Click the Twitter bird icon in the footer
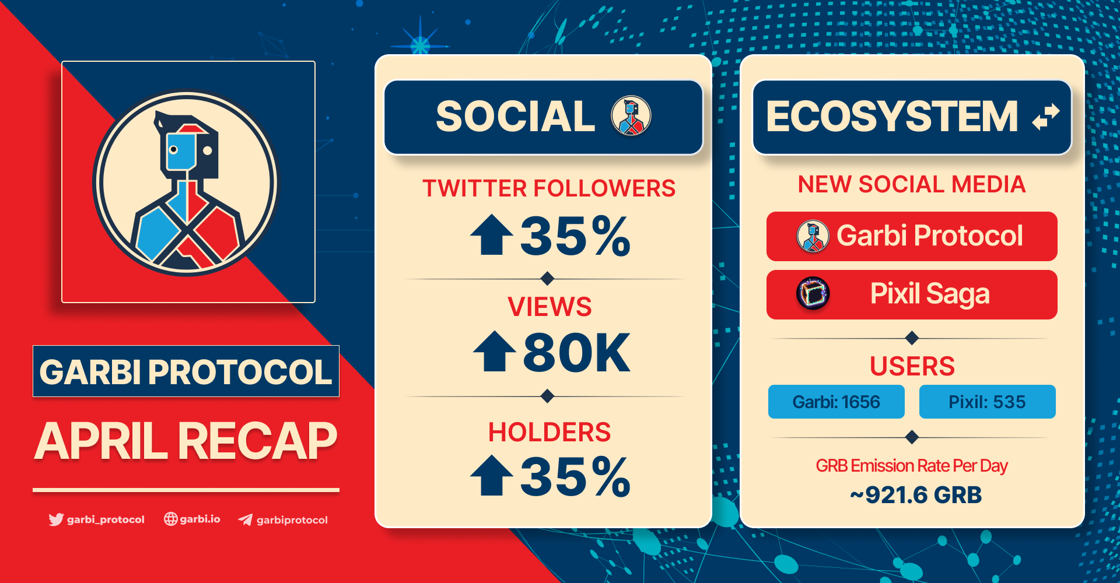click(56, 519)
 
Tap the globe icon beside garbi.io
click(170, 519)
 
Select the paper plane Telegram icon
click(246, 519)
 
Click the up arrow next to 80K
click(494, 351)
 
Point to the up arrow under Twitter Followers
click(492, 234)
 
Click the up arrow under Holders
click(492, 475)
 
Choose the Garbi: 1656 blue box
click(836, 402)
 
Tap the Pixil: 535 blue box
click(987, 402)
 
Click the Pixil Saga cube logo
click(813, 293)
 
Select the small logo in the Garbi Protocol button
click(813, 236)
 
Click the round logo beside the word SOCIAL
click(631, 115)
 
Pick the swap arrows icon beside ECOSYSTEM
click(1045, 117)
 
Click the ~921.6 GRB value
click(915, 495)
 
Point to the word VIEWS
click(549, 307)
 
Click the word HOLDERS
click(549, 432)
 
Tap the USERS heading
click(912, 366)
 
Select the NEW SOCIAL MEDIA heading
click(912, 184)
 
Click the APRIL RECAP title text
click(186, 441)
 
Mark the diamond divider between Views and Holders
click(547, 396)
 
